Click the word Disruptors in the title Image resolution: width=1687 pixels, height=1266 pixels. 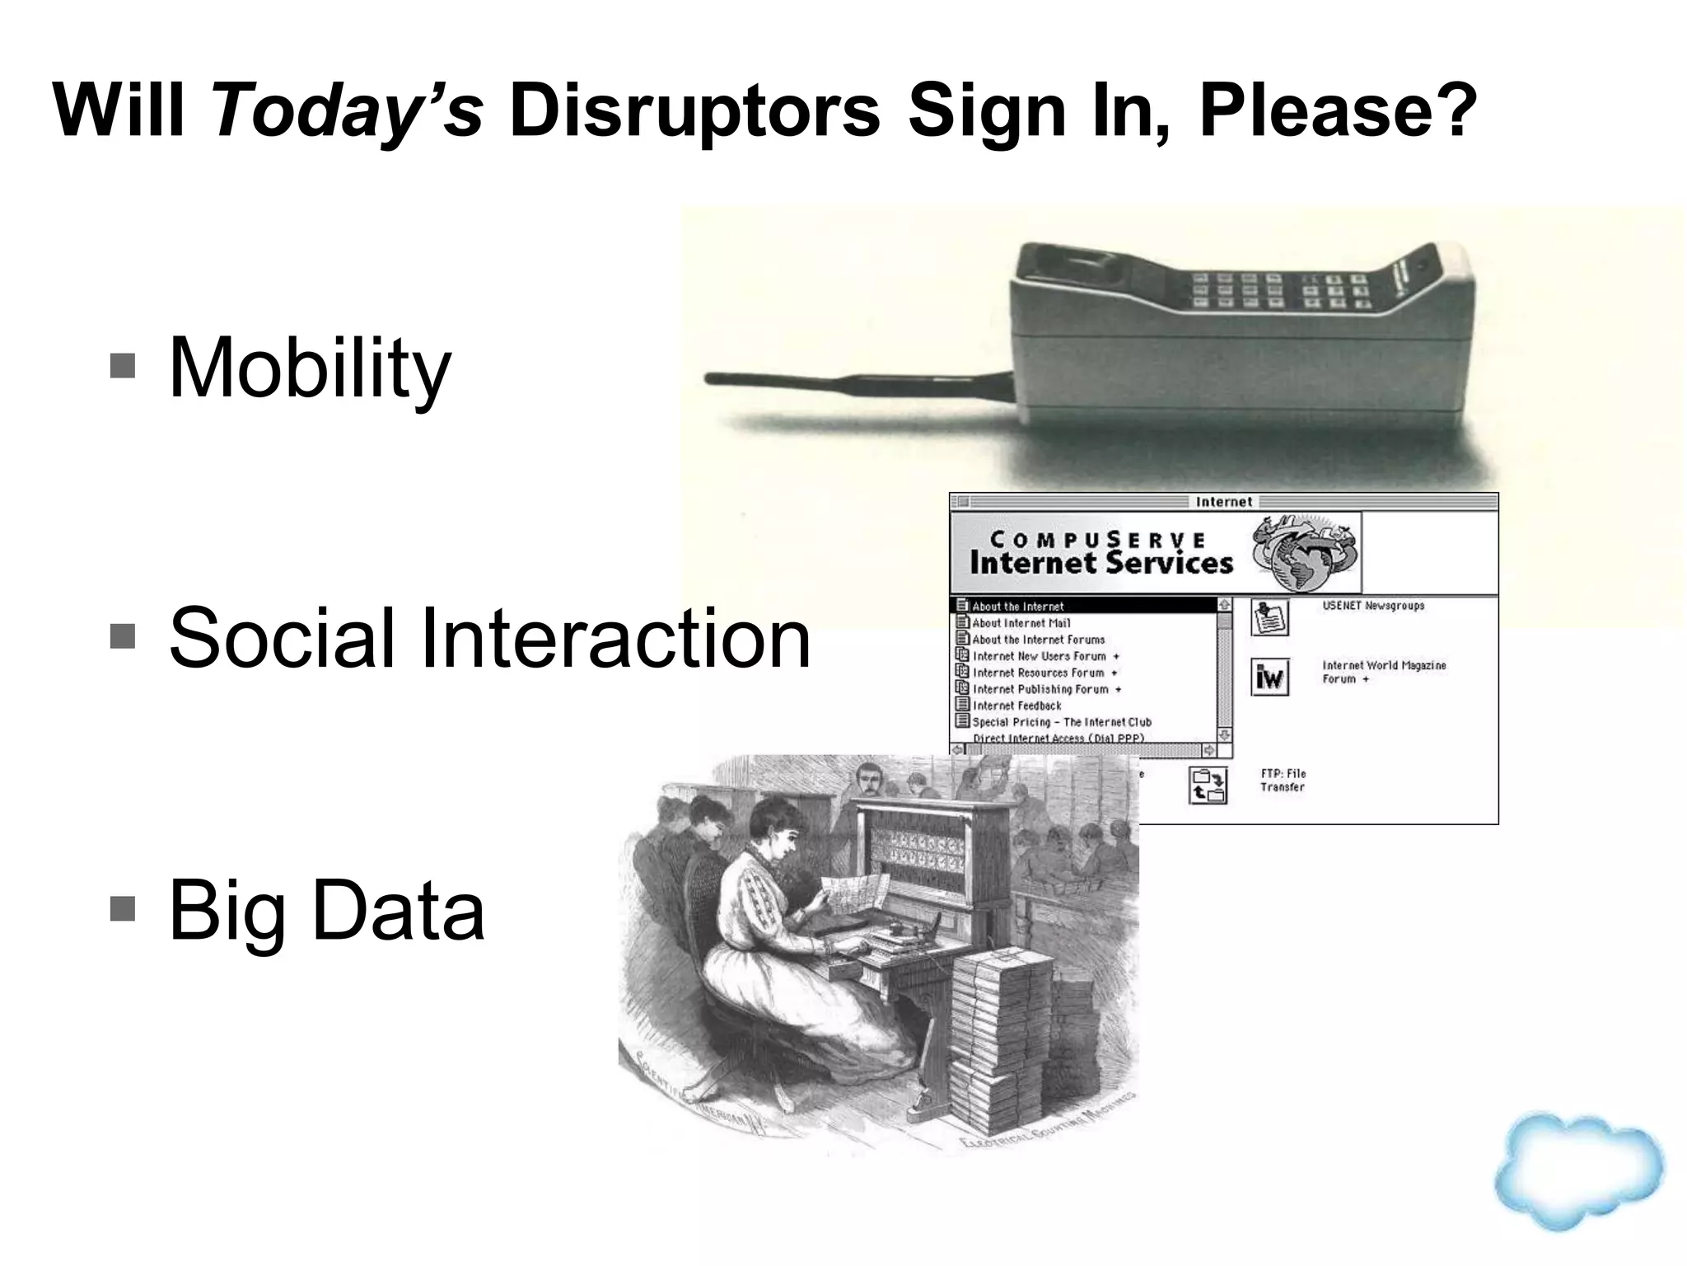[x=694, y=110]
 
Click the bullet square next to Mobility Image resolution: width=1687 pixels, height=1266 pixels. [x=122, y=365]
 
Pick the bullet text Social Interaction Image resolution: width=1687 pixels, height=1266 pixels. [x=489, y=637]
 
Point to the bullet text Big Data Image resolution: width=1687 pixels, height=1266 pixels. [x=326, y=910]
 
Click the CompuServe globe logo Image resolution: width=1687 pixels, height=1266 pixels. [x=1304, y=552]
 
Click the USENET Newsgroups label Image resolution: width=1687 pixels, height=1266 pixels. [x=1373, y=606]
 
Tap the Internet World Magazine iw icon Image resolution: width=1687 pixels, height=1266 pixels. [x=1269, y=677]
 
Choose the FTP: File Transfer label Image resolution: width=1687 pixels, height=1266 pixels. [x=1283, y=780]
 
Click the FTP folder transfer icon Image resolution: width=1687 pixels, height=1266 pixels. [x=1208, y=785]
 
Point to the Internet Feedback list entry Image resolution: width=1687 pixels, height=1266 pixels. [x=1016, y=706]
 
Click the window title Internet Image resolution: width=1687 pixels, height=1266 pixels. [x=1223, y=501]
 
